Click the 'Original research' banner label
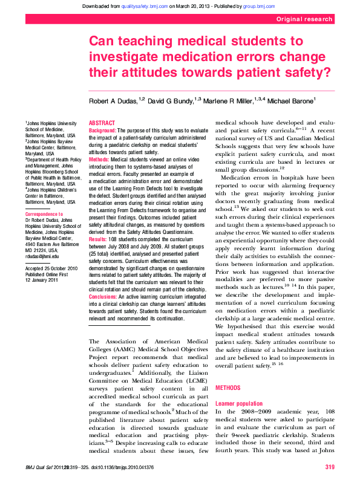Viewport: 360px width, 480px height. click(x=304, y=19)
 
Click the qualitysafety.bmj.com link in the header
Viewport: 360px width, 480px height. click(x=145, y=6)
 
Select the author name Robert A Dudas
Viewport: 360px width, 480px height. click(x=113, y=100)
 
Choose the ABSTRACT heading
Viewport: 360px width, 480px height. click(x=102, y=123)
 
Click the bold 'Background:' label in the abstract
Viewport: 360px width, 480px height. click(x=102, y=131)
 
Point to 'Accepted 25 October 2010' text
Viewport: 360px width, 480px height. click(x=51, y=267)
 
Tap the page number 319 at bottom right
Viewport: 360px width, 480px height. click(x=330, y=467)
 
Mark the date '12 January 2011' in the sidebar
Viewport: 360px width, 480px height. click(x=42, y=281)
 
